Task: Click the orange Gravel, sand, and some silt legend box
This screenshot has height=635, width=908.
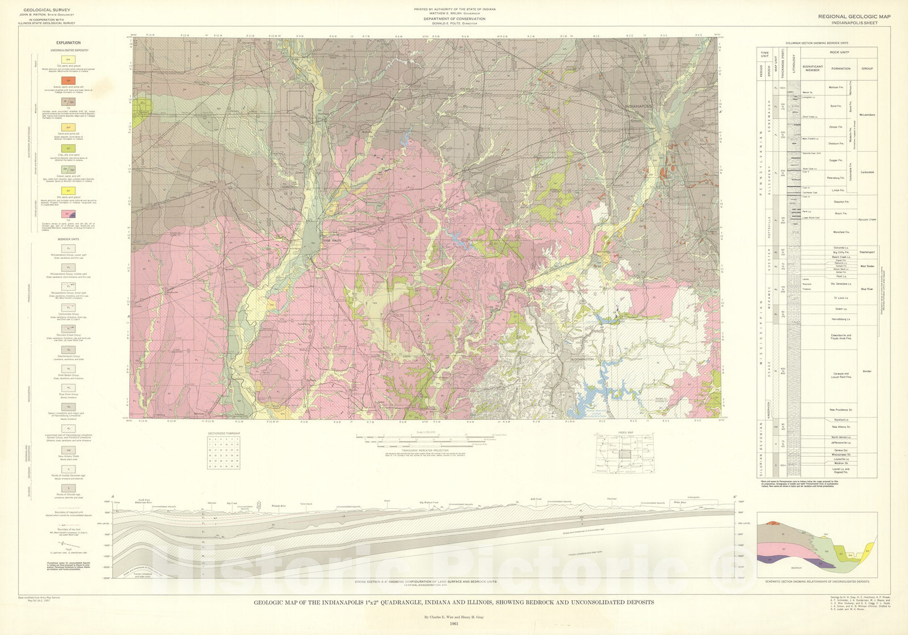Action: click(68, 81)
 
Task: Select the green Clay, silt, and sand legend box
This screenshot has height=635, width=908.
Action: click(68, 148)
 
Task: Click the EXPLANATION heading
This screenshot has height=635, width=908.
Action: click(68, 43)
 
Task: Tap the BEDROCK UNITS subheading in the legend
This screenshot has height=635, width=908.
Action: click(68, 239)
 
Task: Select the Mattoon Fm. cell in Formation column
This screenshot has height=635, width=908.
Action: click(841, 87)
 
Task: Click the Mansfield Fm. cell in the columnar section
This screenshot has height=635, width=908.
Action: click(841, 232)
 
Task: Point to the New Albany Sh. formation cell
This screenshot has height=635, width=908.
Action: click(841, 427)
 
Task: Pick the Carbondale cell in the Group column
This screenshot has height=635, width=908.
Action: click(867, 172)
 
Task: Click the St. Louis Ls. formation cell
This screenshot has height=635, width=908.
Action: click(841, 298)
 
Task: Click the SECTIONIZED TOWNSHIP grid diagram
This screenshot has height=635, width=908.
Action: click(224, 452)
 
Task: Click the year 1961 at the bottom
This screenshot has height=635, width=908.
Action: click(453, 624)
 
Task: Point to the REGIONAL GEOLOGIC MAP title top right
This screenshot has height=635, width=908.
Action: click(854, 16)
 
